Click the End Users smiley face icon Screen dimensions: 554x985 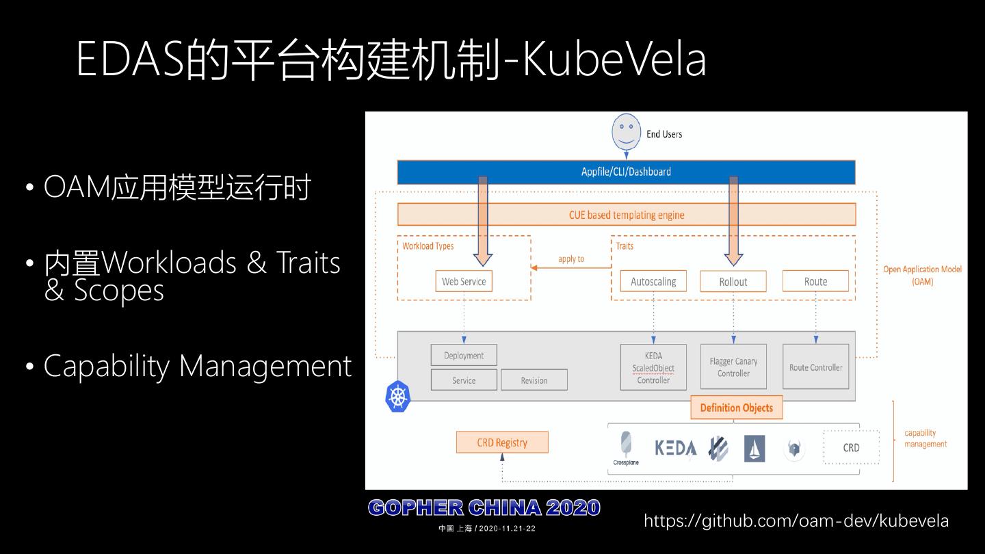[x=626, y=132]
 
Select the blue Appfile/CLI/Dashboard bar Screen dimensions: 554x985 [x=626, y=172]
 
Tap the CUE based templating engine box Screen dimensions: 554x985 [x=626, y=215]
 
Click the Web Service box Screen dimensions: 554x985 [x=464, y=281]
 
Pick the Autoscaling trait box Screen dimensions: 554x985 [x=653, y=281]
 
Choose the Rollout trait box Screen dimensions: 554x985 [x=733, y=282]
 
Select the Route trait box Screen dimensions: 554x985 [x=815, y=281]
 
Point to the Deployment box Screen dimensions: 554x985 [x=464, y=356]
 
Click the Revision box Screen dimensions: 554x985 [x=534, y=380]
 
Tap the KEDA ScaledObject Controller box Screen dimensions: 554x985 [x=653, y=368]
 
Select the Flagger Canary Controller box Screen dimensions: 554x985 [x=733, y=367]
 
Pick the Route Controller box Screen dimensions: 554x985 [x=815, y=367]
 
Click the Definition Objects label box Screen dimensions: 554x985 [x=736, y=408]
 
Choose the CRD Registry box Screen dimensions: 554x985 [x=502, y=443]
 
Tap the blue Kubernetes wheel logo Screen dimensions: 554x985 [x=397, y=397]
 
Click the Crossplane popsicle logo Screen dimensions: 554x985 [x=626, y=445]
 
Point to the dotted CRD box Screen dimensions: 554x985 [x=851, y=447]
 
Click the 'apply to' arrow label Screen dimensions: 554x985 [x=571, y=259]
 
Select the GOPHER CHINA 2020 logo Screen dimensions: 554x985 [x=484, y=508]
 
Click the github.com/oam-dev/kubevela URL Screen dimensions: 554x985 [x=796, y=521]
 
